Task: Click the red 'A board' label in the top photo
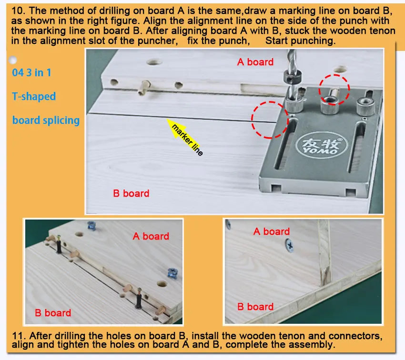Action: pos(255,62)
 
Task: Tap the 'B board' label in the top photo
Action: pos(131,193)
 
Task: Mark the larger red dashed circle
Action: pos(270,120)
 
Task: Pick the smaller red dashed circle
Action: pos(334,90)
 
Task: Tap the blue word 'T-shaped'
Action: pos(34,96)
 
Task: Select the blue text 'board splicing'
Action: pos(46,120)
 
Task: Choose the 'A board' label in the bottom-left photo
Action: pos(151,236)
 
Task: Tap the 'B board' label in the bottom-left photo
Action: pos(53,313)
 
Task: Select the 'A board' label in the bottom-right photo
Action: pos(272,231)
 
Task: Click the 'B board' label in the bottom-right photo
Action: pos(255,307)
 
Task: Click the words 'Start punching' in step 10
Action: pos(300,40)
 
